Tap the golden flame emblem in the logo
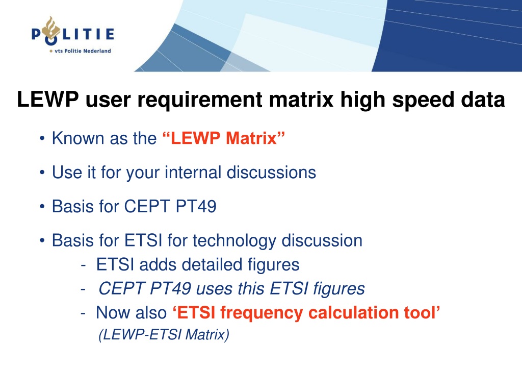tap(51, 28)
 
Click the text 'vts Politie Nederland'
tap(83, 51)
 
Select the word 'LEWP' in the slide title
tap(48, 100)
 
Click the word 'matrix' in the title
tap(301, 100)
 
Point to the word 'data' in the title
tap(483, 100)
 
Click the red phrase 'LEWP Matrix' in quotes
tap(224, 138)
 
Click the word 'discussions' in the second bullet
tap(271, 173)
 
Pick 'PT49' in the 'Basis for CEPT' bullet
tap(196, 206)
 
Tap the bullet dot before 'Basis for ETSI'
tap(42, 240)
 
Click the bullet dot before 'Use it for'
tap(42, 173)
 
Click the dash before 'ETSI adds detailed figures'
tap(83, 265)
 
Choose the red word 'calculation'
tap(354, 313)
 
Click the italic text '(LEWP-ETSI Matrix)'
tap(164, 335)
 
